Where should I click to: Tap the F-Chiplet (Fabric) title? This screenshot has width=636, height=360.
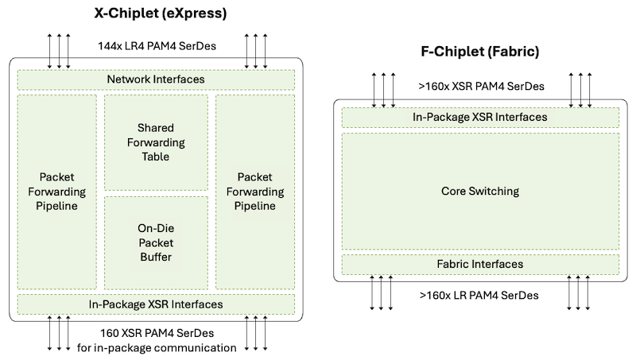480,52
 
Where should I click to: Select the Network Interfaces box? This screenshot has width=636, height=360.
156,79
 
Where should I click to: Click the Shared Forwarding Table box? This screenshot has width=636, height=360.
156,142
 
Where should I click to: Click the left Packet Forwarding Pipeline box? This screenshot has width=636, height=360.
56,192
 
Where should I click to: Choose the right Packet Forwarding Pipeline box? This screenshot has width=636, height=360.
255,192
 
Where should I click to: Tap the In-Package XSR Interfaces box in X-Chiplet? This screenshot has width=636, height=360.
156,304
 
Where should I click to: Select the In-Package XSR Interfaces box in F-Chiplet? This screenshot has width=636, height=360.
480,117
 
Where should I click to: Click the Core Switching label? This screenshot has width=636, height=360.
480,192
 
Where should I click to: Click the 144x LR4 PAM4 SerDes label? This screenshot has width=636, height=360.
156,46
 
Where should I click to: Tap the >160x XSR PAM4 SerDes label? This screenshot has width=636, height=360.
480,84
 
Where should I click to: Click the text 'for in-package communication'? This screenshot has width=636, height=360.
157,347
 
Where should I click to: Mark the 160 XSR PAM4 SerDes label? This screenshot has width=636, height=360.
156,333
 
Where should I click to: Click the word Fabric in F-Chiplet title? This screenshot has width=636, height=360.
515,52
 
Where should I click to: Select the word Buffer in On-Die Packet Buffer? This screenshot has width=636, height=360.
156,257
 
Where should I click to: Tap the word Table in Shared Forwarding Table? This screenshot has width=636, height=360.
156,157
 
